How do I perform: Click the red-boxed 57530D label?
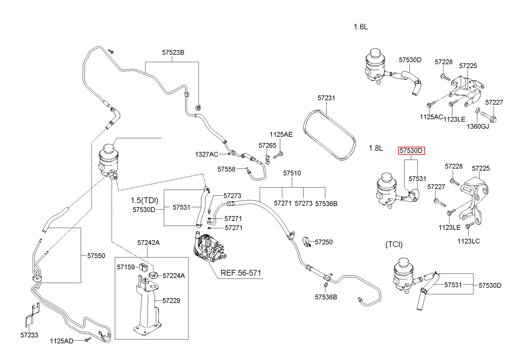coord(411,151)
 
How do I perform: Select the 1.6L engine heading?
coord(361,27)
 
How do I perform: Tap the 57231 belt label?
coord(326,98)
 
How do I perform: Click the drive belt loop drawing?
coord(329,135)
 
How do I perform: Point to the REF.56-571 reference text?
coord(241,273)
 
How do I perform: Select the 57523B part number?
coord(173,52)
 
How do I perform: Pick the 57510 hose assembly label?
coord(292,173)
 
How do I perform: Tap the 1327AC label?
coord(207,154)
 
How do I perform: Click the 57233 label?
coord(29,335)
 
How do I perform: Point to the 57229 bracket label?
coord(171,301)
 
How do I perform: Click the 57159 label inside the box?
coord(126,267)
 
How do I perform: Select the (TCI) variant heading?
coord(394,244)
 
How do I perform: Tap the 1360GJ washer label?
coord(478,126)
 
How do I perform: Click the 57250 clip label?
coord(324,242)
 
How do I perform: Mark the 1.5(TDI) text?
coord(145,200)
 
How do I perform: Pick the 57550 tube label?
coord(96,256)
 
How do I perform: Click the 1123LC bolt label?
coord(469,241)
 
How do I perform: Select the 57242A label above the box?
coord(148,243)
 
